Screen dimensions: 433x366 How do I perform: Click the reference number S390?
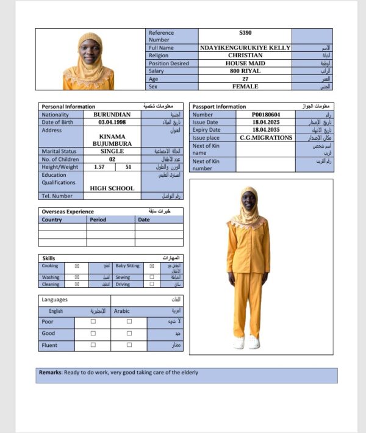[245, 33]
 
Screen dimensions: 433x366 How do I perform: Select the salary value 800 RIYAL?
[245, 71]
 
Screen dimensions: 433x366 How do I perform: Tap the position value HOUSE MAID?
[245, 63]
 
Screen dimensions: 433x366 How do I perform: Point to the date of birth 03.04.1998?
[112, 123]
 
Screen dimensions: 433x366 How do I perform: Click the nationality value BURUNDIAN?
[112, 115]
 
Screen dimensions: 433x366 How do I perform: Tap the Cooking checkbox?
[77, 267]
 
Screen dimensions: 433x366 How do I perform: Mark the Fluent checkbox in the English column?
[93, 345]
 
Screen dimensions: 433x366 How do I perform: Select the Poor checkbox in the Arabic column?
[129, 321]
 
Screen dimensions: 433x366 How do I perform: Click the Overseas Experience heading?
[68, 212]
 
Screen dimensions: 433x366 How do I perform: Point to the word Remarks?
[50, 373]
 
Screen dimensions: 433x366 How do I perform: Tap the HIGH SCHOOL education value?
[112, 188]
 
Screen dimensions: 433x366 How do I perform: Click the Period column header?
[98, 220]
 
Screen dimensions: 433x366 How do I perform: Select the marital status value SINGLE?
[112, 151]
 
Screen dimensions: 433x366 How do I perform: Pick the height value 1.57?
[99, 166]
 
